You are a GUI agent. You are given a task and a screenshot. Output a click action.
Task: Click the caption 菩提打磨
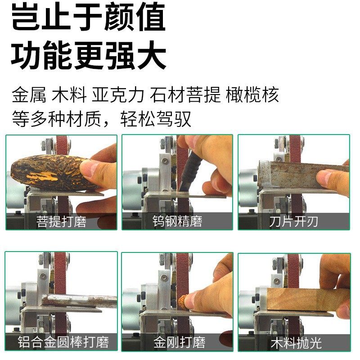pyautogui.click(x=61, y=221)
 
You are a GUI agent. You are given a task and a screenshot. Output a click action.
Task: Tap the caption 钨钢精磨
pyautogui.click(x=177, y=221)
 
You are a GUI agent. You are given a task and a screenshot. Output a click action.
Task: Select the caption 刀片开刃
pyautogui.click(x=294, y=221)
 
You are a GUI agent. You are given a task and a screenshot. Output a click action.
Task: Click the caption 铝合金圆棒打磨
pyautogui.click(x=61, y=342)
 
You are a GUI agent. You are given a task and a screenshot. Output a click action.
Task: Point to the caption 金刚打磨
pyautogui.click(x=177, y=342)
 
